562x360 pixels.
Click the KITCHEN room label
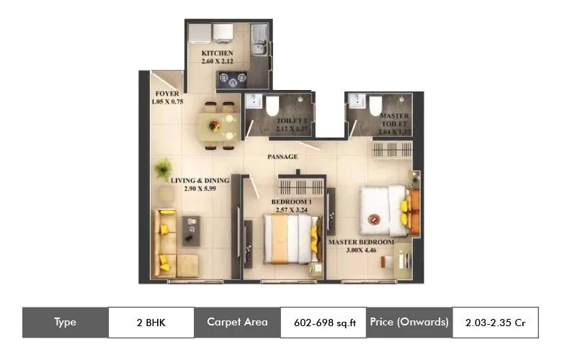[217, 53]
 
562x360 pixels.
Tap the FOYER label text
[167, 94]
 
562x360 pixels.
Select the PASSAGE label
[282, 157]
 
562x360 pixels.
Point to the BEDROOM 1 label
[291, 202]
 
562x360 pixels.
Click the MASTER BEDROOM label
[362, 243]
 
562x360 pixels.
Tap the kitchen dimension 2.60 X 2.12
[217, 62]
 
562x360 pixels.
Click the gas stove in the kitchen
[232, 78]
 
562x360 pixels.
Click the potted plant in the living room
[164, 168]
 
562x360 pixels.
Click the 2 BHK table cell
[151, 323]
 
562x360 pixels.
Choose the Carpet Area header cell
[237, 323]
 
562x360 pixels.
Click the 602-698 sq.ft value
[325, 323]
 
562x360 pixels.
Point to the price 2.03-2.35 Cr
[496, 323]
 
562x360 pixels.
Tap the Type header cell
[65, 323]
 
